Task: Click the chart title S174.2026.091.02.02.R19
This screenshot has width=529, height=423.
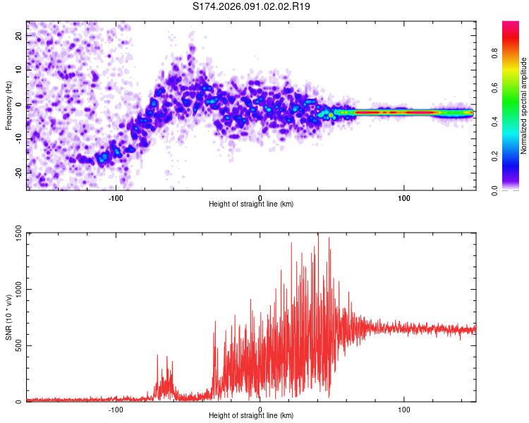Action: coord(252,6)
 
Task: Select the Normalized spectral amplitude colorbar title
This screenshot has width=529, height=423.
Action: coord(524,106)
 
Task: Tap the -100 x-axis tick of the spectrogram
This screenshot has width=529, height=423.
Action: coord(116,197)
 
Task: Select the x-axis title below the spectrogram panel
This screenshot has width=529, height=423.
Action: coord(252,204)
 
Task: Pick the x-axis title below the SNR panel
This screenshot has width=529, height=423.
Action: coord(252,416)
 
